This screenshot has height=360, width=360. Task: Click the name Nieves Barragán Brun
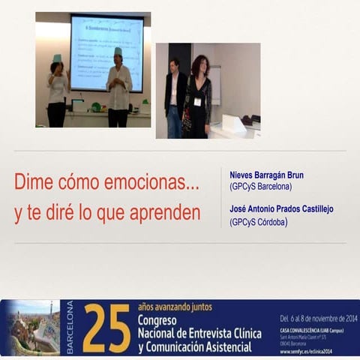pos(267,175)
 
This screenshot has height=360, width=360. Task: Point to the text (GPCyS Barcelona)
pos(261,187)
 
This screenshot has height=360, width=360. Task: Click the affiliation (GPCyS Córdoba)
pos(259,221)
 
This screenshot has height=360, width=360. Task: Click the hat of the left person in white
pos(57,58)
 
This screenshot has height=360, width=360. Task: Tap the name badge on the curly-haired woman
pos(197,100)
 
